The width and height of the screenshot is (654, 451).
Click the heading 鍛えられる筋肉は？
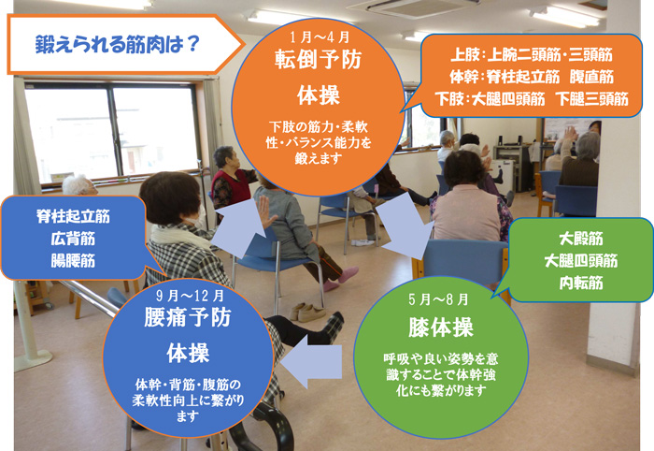[x=117, y=44]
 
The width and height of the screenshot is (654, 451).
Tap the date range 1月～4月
[x=320, y=37]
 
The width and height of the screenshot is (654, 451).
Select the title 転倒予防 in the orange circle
[x=319, y=60]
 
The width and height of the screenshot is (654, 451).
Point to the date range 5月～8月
[x=438, y=299]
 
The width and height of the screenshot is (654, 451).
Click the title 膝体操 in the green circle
[x=440, y=327]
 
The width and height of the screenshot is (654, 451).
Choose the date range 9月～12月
[x=191, y=296]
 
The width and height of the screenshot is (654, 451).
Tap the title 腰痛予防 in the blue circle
[x=188, y=317]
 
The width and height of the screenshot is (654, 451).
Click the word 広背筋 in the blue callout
[x=73, y=239]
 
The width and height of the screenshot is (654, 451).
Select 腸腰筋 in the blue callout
[x=73, y=260]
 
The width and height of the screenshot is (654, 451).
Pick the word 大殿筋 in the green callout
[x=581, y=239]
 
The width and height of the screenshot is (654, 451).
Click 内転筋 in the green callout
[x=581, y=283]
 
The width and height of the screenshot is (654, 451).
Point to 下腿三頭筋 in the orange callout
[x=591, y=99]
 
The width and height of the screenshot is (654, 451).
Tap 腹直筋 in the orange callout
[x=591, y=77]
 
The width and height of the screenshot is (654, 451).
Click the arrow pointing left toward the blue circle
[x=311, y=361]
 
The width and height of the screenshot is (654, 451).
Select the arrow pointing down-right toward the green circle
[x=405, y=225]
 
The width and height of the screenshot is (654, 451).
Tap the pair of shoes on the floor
[x=307, y=312]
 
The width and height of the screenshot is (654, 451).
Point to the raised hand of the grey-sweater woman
[x=265, y=211]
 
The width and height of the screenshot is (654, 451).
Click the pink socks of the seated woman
[x=341, y=279]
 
